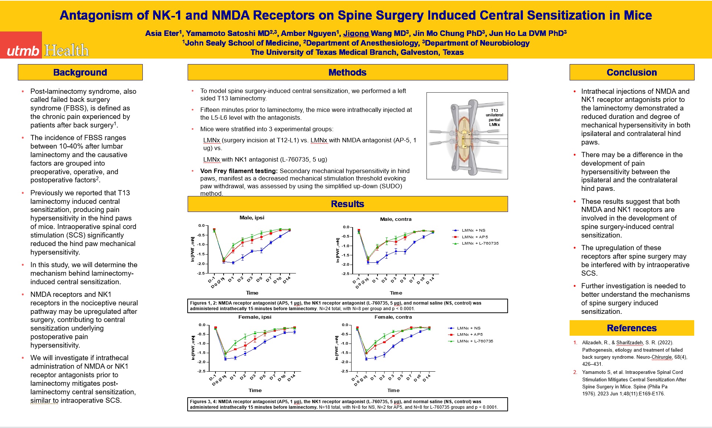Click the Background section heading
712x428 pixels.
(x=80, y=72)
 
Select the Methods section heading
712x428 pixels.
(x=347, y=72)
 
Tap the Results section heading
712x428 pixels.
(x=347, y=204)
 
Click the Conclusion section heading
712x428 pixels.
(x=632, y=72)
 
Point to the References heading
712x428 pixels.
(x=632, y=328)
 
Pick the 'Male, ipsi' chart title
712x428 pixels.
(x=252, y=218)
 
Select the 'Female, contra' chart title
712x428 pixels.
(x=393, y=317)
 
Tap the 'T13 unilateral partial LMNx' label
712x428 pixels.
(x=494, y=117)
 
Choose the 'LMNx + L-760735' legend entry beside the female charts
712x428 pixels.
(x=475, y=341)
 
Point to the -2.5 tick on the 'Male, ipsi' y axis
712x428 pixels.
(x=201, y=273)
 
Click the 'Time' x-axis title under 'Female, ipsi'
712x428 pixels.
(x=255, y=390)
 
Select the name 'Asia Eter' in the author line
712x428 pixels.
(x=162, y=33)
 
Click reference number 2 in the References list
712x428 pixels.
(x=575, y=372)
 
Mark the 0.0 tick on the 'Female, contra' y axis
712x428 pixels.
(x=345, y=325)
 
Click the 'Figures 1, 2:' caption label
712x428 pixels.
(x=203, y=303)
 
